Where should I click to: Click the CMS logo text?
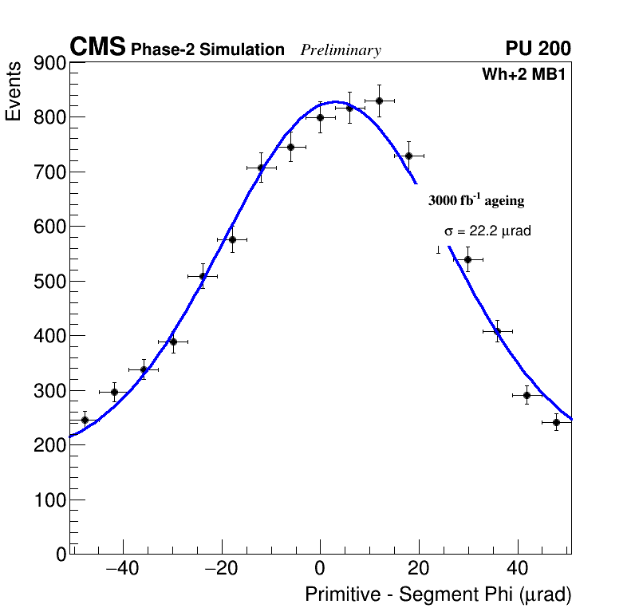point(97,48)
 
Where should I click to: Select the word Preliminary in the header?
point(341,50)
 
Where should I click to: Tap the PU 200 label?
point(538,49)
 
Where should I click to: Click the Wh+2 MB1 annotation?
point(523,74)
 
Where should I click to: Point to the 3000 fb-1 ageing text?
point(476,200)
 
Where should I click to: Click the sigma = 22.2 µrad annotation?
point(487,231)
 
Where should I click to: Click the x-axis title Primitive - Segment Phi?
point(438,594)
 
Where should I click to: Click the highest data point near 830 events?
point(379,101)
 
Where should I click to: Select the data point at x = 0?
point(320,117)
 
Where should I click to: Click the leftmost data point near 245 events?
point(85,420)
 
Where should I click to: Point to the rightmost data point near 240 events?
point(556,422)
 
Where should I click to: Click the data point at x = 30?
point(467,259)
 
